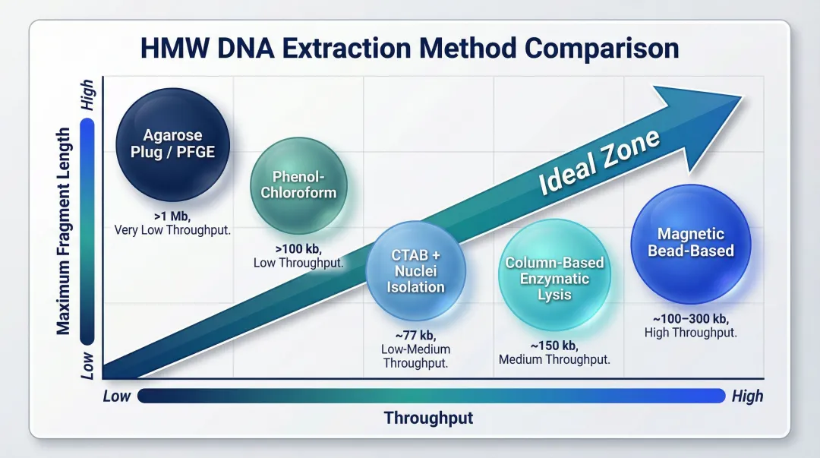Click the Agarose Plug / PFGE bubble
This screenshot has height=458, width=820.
point(172,144)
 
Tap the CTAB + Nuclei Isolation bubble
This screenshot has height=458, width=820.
point(415,271)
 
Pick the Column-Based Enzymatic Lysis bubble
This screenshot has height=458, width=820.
point(554,276)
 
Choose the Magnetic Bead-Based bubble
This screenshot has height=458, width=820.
point(690,242)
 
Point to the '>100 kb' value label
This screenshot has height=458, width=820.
point(298,249)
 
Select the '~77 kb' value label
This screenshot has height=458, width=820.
point(415,336)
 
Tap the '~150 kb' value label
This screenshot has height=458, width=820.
point(554,346)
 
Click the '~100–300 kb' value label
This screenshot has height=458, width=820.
point(691,319)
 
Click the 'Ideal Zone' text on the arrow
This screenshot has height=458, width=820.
point(599,162)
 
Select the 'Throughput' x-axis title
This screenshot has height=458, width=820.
point(428,418)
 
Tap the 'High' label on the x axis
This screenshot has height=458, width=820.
point(747,396)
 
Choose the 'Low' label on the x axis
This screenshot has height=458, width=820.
point(117,396)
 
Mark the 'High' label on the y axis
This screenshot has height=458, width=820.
point(87,95)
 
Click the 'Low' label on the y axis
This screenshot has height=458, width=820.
point(87,365)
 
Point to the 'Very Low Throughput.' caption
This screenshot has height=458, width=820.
point(173,230)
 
